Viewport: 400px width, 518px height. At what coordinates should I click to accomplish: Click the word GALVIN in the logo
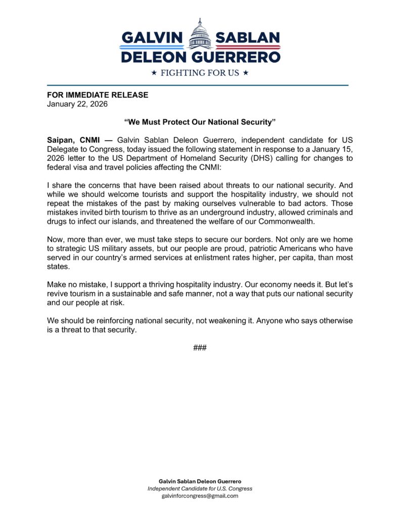coord(152,38)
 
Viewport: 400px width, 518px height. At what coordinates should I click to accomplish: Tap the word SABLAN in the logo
coord(247,38)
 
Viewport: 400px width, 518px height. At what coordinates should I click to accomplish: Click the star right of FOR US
coord(246,73)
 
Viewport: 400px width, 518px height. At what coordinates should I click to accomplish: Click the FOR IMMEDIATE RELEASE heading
coord(98,95)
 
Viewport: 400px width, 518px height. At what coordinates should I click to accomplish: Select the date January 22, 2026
coord(77,104)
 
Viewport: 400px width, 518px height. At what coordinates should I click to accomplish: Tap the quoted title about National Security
coord(200,122)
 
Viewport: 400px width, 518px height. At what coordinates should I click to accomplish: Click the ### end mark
coord(200,348)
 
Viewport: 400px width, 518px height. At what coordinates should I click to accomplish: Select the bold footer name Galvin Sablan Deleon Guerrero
coord(200,481)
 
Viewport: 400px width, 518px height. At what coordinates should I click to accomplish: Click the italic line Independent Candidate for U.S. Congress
coord(200,489)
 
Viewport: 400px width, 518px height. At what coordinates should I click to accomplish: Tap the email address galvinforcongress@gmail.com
coord(200,496)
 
